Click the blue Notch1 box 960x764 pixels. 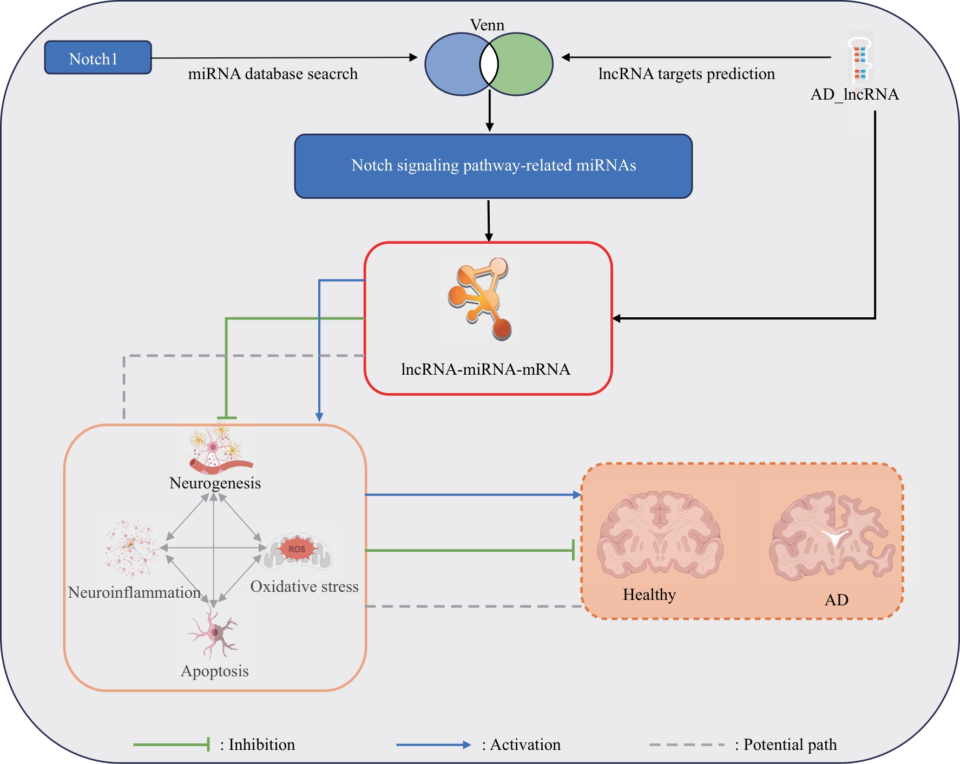(98, 57)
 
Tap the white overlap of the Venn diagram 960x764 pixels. (489, 64)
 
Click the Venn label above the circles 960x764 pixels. (487, 25)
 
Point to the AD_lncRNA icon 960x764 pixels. (860, 61)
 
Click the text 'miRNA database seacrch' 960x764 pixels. (273, 74)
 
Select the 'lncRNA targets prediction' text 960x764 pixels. (687, 74)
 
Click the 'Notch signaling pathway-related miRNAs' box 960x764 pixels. (494, 166)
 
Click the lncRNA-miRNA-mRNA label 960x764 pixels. (485, 369)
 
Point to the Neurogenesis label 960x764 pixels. (215, 483)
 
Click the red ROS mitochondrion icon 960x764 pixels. (297, 551)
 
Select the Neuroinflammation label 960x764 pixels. (134, 592)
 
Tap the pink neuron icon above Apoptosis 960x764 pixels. (213, 632)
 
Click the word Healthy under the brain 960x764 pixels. (649, 595)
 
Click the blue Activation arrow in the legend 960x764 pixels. (433, 745)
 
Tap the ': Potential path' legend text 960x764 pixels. (786, 745)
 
